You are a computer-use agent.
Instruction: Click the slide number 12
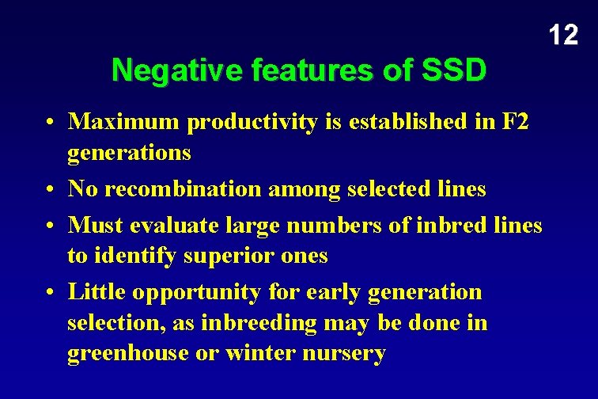pyautogui.click(x=563, y=35)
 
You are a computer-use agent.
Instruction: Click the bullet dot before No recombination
pyautogui.click(x=50, y=190)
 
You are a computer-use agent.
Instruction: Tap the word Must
pyautogui.click(x=94, y=225)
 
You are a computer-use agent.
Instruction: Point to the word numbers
pyautogui.click(x=305, y=225)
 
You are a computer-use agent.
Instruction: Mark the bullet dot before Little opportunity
pyautogui.click(x=50, y=293)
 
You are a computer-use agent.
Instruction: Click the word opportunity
pyautogui.click(x=195, y=292)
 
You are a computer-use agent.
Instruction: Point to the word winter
pyautogui.click(x=259, y=353)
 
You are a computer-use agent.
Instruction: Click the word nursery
pyautogui.click(x=343, y=353)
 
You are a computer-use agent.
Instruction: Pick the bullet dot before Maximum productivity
pyautogui.click(x=50, y=123)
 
